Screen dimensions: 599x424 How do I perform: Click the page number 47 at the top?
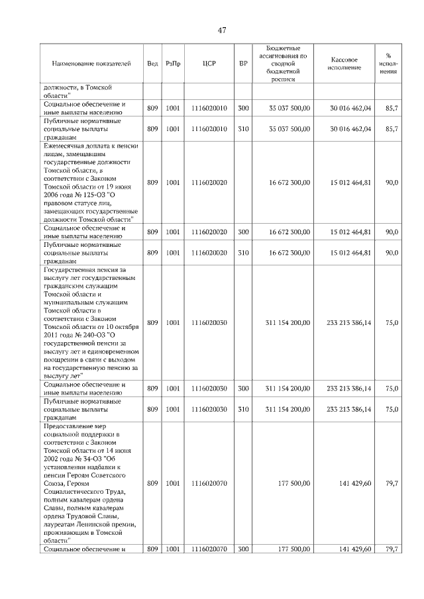(x=222, y=30)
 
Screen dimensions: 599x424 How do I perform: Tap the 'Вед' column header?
(x=152, y=64)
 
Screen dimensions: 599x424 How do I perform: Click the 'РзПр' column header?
(x=173, y=64)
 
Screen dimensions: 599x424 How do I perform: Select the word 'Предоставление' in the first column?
(x=72, y=426)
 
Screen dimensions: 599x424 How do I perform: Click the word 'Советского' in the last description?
(x=116, y=475)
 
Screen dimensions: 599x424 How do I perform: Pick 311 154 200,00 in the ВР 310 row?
(x=289, y=409)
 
